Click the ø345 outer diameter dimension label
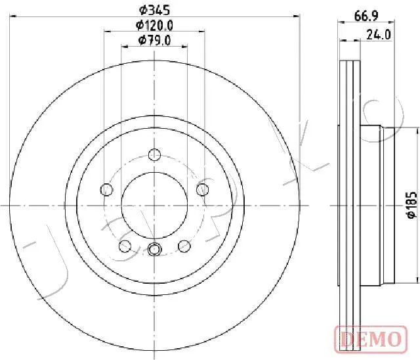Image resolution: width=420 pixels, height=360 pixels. pos(155,11)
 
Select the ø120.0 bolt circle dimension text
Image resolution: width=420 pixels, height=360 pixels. pos(155,26)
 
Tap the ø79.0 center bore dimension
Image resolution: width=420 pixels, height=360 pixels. pos(155,41)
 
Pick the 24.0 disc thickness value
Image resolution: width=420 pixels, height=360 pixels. pos(379,35)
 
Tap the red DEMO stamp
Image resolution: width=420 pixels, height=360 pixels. pos(371,338)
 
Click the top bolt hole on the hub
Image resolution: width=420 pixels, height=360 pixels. pos(155,154)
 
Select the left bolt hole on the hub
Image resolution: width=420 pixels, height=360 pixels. pos(106,189)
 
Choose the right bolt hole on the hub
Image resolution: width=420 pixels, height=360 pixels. pos(203,189)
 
